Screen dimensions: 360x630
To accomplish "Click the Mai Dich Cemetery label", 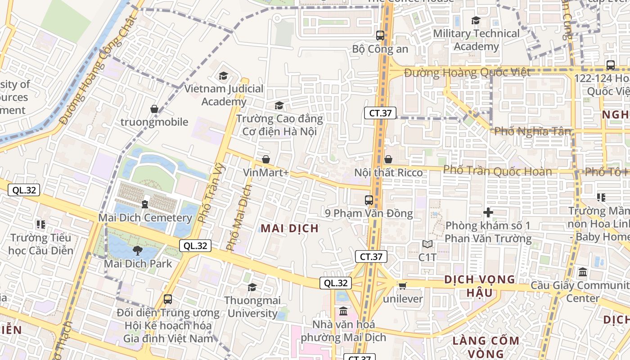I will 145,218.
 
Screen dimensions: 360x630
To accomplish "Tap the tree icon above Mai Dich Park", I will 138,250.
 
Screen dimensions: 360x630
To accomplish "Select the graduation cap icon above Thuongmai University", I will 252,287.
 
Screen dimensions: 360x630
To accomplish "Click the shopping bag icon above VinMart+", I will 265,159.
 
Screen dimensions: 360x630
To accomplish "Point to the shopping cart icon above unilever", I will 402,286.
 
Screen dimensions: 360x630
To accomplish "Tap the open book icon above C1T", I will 427,244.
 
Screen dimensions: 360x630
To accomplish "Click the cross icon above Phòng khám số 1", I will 488,212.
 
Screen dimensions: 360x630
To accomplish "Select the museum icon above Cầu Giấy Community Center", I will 583,272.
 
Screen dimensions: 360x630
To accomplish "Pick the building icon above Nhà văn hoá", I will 343,311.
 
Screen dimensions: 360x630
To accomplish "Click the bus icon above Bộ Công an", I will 380,35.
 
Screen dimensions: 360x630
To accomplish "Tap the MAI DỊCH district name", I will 290,228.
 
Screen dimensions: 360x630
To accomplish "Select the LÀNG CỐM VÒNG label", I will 486,346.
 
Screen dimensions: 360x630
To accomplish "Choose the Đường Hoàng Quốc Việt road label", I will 467,72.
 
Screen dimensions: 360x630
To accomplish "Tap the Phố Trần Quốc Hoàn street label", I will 497,171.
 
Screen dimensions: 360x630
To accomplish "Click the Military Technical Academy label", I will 476,40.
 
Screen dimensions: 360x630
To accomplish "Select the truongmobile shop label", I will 154,121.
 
